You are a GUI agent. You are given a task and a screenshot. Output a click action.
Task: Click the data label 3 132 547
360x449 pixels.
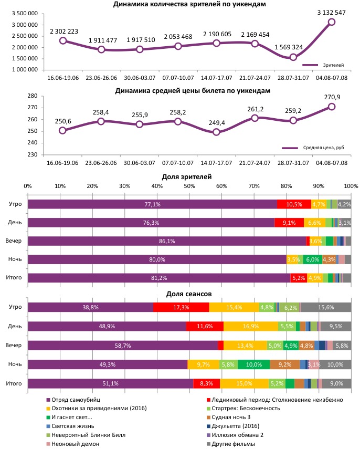click(x=331, y=12)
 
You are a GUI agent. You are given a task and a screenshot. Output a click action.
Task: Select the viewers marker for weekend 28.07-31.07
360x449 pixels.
click(x=293, y=57)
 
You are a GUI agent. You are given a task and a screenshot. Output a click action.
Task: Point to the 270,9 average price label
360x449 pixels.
click(x=331, y=97)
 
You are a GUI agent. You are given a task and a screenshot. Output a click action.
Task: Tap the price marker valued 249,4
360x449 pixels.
click(x=216, y=132)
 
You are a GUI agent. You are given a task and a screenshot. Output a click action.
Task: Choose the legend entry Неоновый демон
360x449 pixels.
click(x=73, y=444)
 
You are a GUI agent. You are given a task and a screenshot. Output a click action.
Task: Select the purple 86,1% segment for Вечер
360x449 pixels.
click(x=166, y=241)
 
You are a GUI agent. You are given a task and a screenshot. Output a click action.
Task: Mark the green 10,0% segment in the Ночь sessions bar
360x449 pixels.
click(x=253, y=364)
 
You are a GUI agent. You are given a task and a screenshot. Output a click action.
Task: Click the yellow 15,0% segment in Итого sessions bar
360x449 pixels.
click(x=244, y=383)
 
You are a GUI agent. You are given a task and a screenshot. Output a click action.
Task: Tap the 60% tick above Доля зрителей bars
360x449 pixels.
click(x=221, y=186)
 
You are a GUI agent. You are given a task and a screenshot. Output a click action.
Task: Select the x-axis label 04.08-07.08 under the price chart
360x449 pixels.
click(x=331, y=163)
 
